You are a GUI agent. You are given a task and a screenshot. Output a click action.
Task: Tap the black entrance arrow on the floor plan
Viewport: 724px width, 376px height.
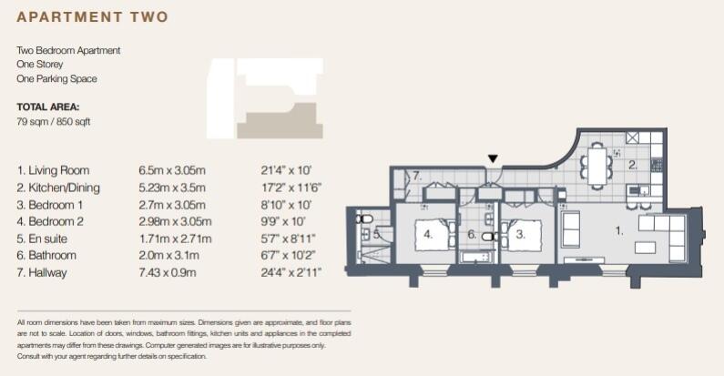point(493,159)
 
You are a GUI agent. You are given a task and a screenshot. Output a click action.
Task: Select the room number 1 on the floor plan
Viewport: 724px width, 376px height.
point(618,231)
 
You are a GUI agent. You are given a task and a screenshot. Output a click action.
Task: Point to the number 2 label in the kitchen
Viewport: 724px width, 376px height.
point(632,166)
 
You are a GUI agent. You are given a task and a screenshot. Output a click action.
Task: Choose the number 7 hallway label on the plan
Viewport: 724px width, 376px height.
point(415,175)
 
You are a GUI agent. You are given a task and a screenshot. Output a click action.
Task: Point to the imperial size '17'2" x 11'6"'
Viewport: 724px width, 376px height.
point(291,188)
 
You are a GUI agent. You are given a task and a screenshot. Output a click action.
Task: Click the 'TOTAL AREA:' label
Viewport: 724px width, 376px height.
point(48,107)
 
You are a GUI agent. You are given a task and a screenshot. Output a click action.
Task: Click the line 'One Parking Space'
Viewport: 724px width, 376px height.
point(56,79)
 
